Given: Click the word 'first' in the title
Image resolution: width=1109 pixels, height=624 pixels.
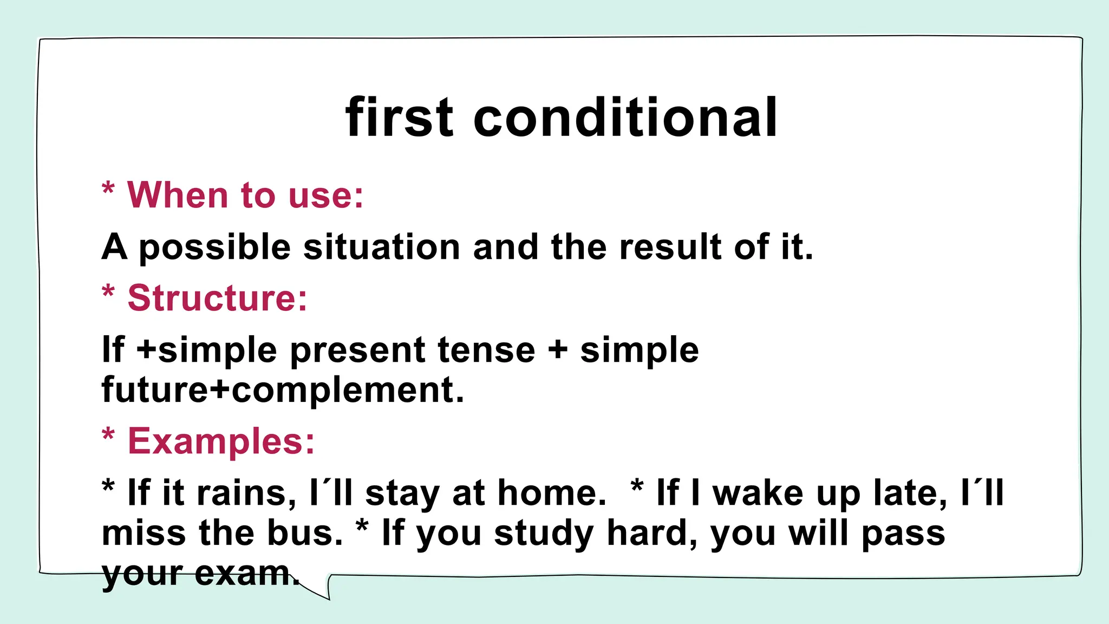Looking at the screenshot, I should (x=399, y=118).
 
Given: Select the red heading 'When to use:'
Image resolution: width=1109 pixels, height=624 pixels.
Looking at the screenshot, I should (x=245, y=195).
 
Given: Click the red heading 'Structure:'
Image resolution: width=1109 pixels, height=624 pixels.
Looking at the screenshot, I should (x=217, y=298).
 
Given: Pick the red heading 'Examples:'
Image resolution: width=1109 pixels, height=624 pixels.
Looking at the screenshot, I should (x=221, y=441).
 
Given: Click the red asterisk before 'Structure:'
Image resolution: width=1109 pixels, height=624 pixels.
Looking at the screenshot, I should (x=108, y=292).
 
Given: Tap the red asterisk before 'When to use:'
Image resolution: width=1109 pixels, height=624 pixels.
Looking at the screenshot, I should (x=108, y=190).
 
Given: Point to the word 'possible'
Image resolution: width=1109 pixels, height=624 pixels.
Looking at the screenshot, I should (x=214, y=248).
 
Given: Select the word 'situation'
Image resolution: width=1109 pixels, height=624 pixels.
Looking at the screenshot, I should (x=382, y=247).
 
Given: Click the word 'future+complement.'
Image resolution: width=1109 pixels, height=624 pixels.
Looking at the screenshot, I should (x=283, y=390).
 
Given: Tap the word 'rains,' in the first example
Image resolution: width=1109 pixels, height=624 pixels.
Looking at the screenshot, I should (x=246, y=493).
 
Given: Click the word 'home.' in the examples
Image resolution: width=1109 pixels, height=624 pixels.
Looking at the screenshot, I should (x=552, y=493).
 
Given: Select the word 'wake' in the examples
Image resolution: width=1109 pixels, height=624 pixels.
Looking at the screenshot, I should (x=758, y=493).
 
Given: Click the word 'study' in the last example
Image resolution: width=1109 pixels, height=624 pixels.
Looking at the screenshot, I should (x=544, y=534).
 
